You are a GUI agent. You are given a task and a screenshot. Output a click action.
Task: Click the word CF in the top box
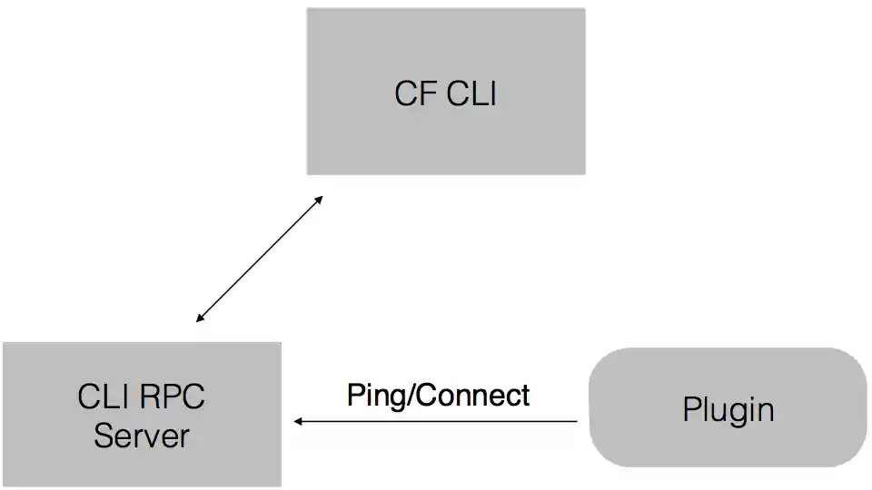[415, 94]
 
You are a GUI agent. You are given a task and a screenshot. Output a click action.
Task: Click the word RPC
[173, 397]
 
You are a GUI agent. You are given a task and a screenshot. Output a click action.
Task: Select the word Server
[141, 436]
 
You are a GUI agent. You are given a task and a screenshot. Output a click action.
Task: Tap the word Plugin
[728, 410]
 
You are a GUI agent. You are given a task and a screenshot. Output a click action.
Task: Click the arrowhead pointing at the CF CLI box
[318, 199]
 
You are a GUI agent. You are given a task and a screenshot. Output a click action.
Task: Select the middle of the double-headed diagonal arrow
[259, 259]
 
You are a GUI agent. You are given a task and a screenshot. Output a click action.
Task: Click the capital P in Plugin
[691, 409]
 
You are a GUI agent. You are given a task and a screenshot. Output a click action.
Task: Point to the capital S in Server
[103, 436]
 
